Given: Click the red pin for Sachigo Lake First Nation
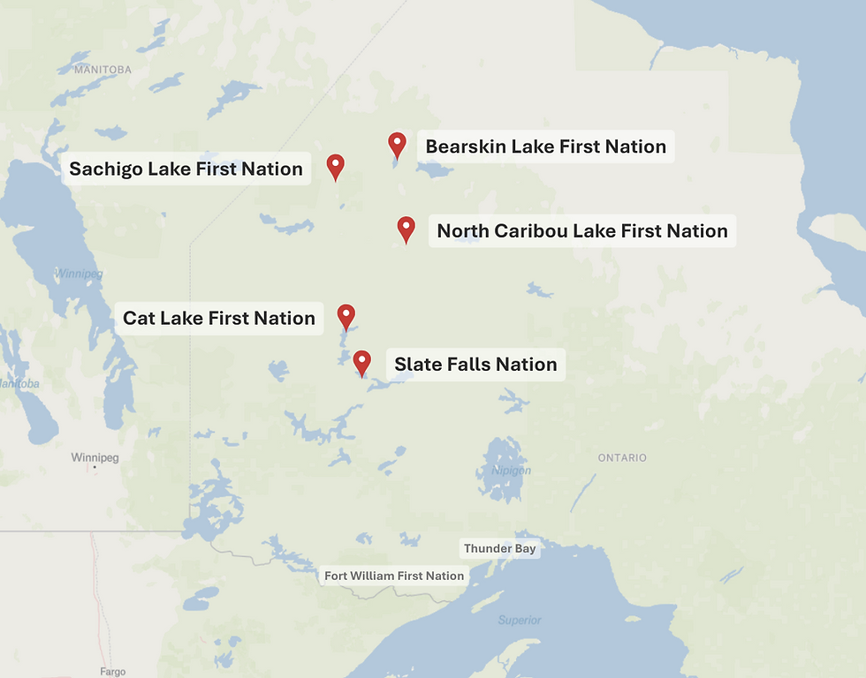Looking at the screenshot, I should (335, 165).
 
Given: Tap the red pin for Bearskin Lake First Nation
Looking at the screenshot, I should (398, 144).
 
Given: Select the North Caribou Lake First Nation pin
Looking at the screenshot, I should (406, 228).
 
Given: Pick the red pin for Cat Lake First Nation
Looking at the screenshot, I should (346, 315).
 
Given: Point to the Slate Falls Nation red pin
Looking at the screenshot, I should (362, 361).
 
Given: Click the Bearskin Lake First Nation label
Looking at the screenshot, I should (545, 147).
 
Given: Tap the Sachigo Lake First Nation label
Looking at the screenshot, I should (186, 169).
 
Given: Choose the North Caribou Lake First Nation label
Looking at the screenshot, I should (582, 231).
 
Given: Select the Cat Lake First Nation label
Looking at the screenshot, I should (218, 318).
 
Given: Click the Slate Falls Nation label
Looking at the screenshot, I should (475, 365).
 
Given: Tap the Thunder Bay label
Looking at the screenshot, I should (500, 548).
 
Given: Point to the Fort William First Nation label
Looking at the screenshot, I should (394, 576).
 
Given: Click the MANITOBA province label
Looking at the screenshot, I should (103, 69).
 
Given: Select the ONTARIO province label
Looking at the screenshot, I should (622, 457).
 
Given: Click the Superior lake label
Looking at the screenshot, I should (519, 620).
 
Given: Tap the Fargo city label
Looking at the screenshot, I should (113, 672).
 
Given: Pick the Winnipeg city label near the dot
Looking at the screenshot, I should (95, 457).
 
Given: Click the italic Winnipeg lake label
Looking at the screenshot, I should (78, 274).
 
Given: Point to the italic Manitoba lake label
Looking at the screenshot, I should (18, 384).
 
